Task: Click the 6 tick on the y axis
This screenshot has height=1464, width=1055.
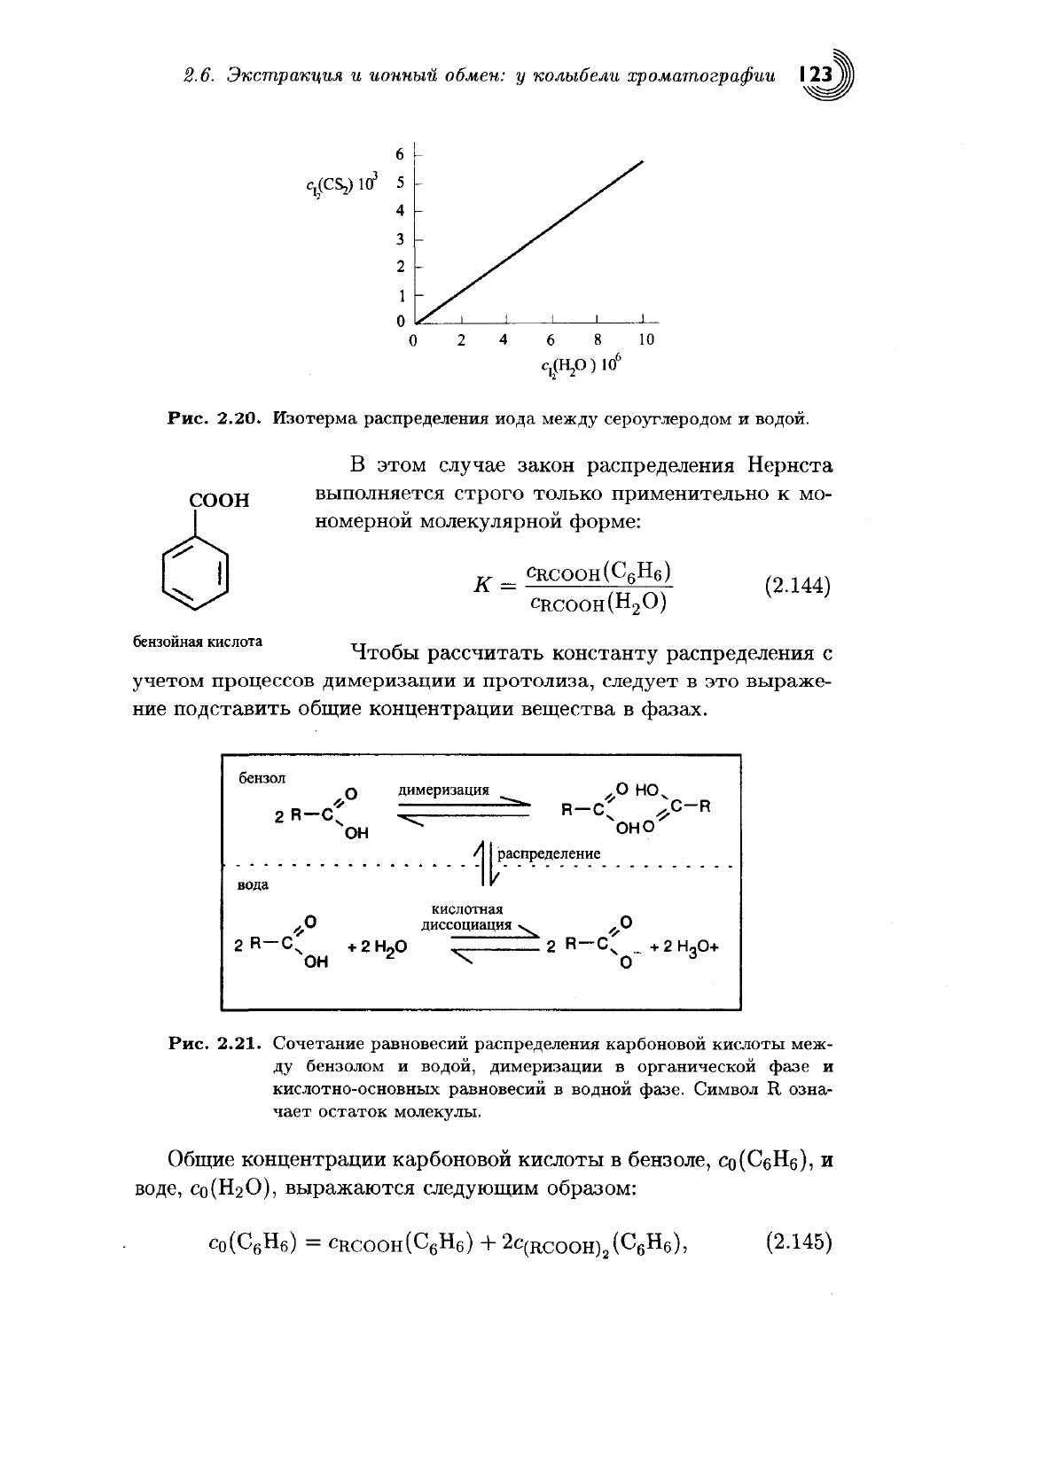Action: click(401, 154)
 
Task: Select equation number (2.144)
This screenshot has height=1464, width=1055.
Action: click(796, 587)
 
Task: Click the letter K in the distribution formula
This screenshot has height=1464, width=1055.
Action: click(484, 587)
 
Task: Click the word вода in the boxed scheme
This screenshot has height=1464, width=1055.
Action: click(254, 884)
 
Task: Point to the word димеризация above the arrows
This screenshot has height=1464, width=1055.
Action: click(444, 789)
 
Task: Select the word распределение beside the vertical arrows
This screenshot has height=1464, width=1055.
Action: click(550, 853)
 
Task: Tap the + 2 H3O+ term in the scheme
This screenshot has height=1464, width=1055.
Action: click(684, 946)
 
